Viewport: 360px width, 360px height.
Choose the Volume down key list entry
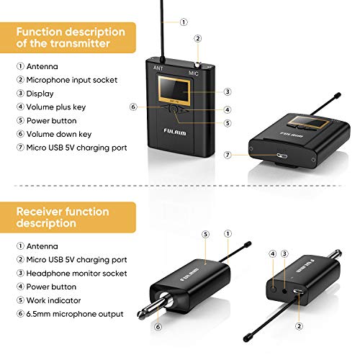pos(59,135)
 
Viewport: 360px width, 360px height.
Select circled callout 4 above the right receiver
pos(273,254)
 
